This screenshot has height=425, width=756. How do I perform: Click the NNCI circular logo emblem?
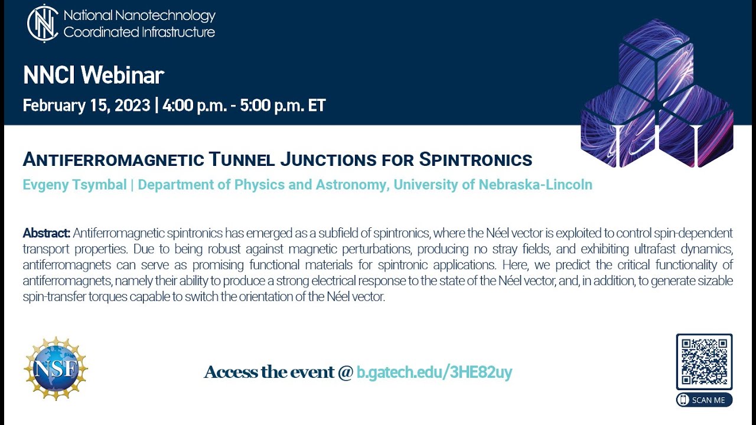pos(43,24)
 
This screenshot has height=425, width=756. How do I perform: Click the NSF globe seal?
pos(56,368)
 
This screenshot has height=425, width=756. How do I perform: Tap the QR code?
pos(704,362)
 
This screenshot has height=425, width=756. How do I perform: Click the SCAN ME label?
pos(704,400)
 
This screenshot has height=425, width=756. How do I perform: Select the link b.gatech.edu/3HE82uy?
pos(434,372)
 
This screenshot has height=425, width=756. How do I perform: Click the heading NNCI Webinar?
pos(93,75)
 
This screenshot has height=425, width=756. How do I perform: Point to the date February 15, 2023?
pos(86,106)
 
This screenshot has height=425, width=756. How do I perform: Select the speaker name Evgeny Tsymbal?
pos(74,185)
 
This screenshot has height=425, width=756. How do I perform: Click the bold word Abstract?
pos(47,233)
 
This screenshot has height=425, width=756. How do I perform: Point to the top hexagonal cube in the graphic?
pos(656,56)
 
